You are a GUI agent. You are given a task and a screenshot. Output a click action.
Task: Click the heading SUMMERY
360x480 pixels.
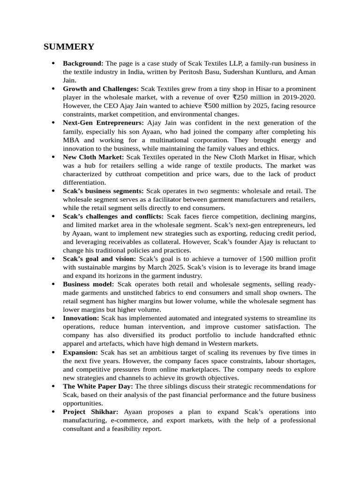tap(68, 47)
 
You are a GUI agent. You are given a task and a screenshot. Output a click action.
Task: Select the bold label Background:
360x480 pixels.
tap(83, 63)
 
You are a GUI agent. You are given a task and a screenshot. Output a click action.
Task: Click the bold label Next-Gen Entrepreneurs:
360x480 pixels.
tap(100, 123)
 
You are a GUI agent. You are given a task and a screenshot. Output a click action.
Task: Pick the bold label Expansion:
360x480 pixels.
tap(81, 352)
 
